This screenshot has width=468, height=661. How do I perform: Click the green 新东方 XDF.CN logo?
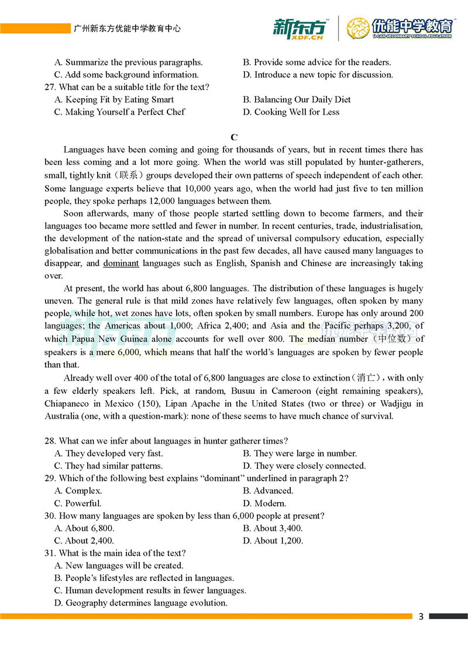tap(299, 28)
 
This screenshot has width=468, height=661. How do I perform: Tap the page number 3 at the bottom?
tap(421, 617)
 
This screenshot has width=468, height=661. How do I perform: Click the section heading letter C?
tap(234, 137)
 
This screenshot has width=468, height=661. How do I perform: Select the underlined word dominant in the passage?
tap(121, 264)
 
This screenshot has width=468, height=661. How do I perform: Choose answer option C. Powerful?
tap(78, 503)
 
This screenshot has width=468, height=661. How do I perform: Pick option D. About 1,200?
tap(273, 541)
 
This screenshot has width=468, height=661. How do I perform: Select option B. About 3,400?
tap(273, 528)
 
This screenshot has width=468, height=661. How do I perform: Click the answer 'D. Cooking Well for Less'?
tap(291, 112)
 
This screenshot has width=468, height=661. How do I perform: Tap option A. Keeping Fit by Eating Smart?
tap(114, 99)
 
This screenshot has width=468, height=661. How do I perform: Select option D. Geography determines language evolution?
tap(140, 603)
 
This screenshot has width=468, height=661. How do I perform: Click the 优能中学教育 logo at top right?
tap(400, 28)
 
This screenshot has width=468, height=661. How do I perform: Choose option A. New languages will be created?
tap(119, 566)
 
